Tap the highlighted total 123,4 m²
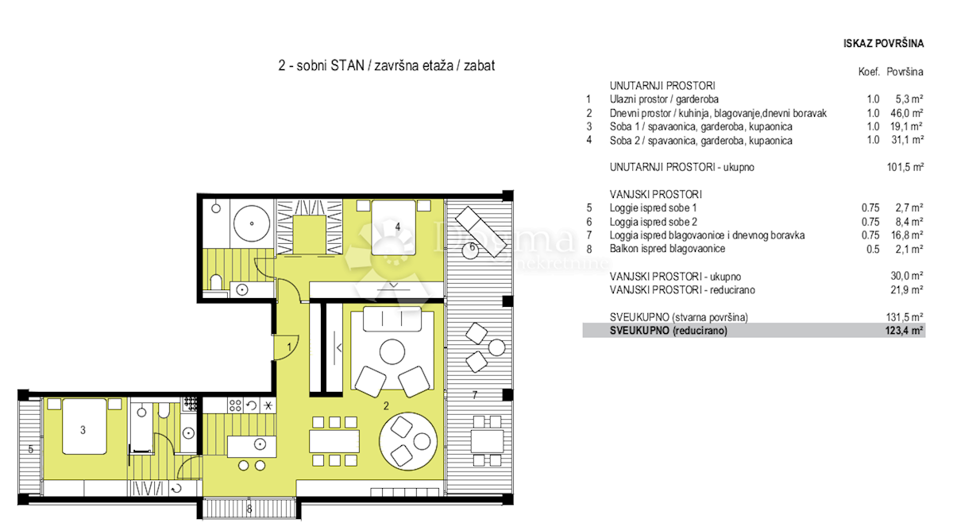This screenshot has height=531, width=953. (x=904, y=331)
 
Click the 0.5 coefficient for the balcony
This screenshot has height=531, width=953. (x=873, y=249)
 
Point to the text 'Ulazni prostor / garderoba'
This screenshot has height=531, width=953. (x=664, y=99)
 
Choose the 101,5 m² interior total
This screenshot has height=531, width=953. (x=905, y=167)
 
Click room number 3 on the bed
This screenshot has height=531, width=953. (x=83, y=430)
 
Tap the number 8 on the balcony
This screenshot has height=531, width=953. (x=249, y=509)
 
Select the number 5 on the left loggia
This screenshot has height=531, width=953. (x=31, y=448)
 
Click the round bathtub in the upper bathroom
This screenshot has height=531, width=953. (x=252, y=223)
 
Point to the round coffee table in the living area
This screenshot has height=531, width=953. (x=392, y=351)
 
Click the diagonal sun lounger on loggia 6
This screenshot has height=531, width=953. (x=481, y=231)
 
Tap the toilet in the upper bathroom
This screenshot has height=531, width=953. (x=216, y=282)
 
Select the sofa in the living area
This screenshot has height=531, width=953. (x=392, y=320)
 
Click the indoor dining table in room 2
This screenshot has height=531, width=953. (x=334, y=441)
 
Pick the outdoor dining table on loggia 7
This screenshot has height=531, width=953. (x=487, y=440)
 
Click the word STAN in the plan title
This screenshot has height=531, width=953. (x=348, y=65)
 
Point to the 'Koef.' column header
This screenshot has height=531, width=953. (x=869, y=72)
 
